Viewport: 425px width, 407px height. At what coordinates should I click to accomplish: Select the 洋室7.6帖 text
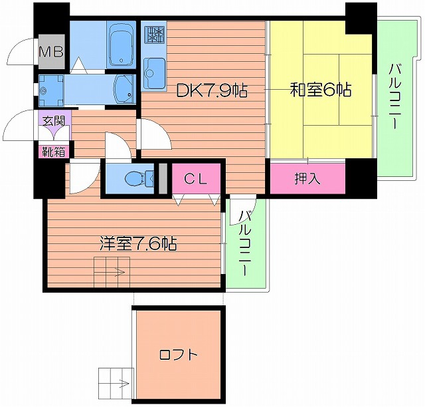click(x=137, y=243)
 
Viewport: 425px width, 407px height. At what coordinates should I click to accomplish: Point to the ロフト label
click(x=178, y=354)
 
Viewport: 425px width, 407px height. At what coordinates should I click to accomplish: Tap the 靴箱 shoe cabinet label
click(x=54, y=151)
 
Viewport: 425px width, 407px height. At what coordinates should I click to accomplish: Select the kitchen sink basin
click(x=154, y=70)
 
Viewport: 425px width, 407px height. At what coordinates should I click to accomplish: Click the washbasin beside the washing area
click(x=124, y=87)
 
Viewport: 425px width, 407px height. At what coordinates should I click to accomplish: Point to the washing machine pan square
click(x=50, y=87)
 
